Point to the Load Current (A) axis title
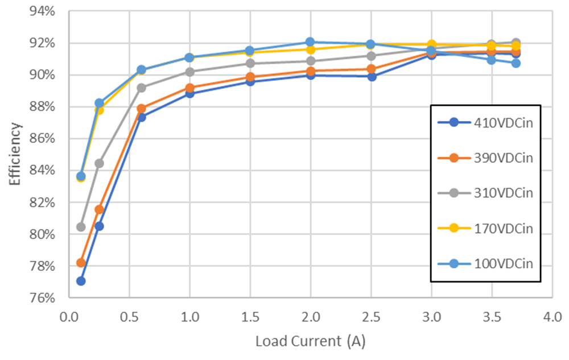(311, 341)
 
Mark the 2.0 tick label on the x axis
(311, 316)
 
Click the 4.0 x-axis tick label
(552, 316)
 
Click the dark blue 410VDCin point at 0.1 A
(81, 281)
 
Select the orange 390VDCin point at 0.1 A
(81, 263)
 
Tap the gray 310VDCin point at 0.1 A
(81, 227)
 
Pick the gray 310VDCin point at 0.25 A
(99, 163)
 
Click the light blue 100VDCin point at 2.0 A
(310, 42)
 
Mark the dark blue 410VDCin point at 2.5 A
(371, 76)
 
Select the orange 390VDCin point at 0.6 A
(142, 109)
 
